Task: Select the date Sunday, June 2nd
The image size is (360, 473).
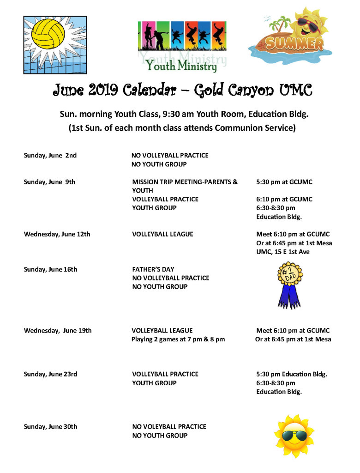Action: (x=50, y=155)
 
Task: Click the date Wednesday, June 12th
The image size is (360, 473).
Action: (x=57, y=234)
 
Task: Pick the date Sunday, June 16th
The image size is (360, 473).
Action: (x=50, y=269)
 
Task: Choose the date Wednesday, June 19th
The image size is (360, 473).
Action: (x=58, y=330)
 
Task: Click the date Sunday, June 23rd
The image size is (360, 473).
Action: (x=50, y=374)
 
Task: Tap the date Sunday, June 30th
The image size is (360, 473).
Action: (x=50, y=427)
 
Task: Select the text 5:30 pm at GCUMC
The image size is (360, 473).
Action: (x=284, y=182)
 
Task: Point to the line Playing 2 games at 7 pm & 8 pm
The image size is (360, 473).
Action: (x=178, y=339)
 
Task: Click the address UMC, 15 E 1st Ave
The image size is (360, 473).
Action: (x=283, y=252)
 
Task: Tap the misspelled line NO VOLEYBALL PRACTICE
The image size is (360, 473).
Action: (x=169, y=427)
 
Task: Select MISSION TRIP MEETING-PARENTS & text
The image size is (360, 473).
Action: (x=185, y=182)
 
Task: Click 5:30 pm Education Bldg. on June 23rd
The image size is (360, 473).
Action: (x=292, y=374)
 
